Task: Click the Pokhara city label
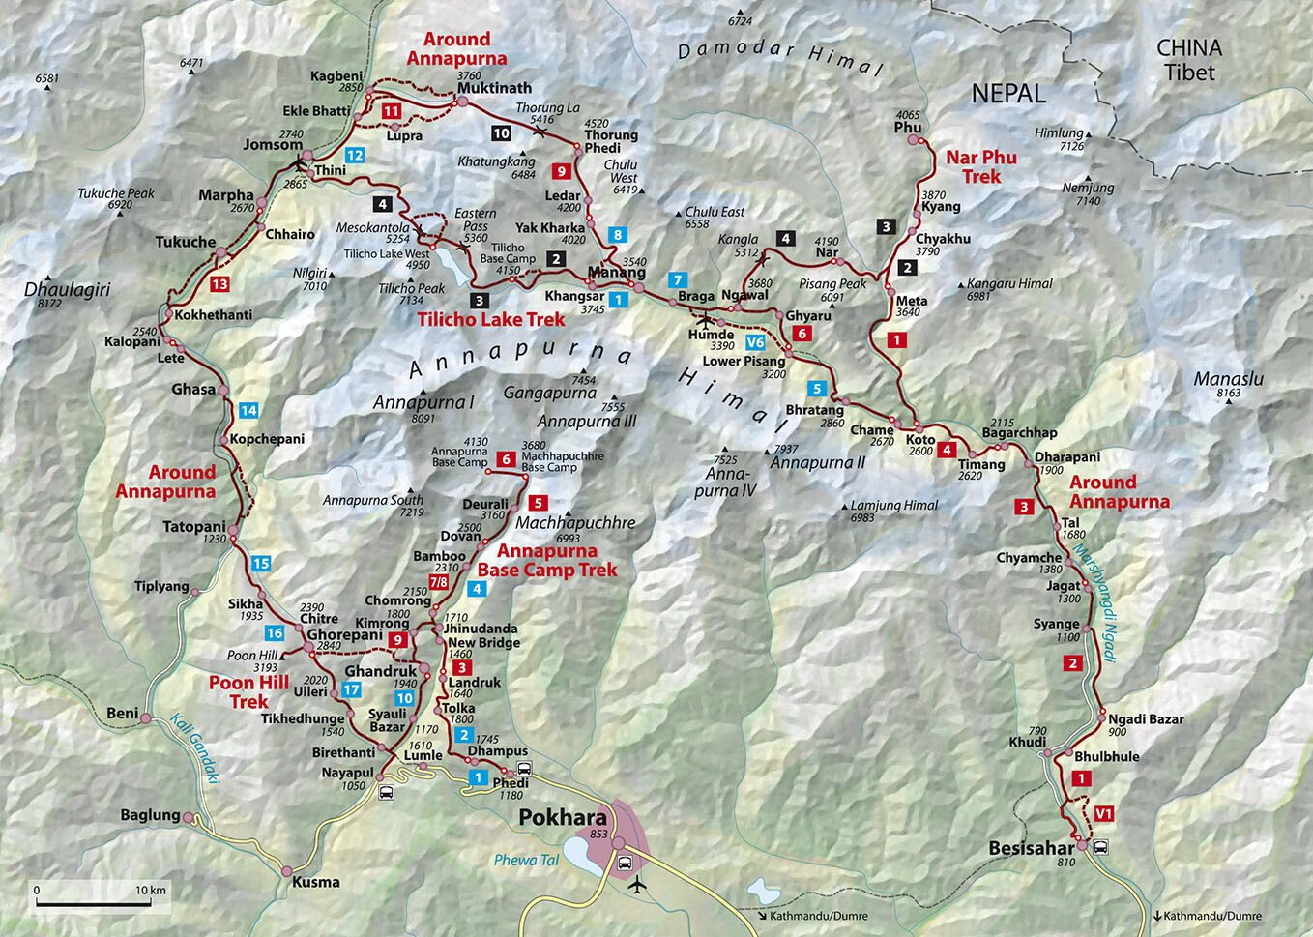point(563,817)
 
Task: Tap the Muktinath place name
point(494,88)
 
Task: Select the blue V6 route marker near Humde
point(755,342)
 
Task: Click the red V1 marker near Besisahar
point(1103,814)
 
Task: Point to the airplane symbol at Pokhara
point(636,884)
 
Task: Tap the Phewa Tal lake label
point(526,860)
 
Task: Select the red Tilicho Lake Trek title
point(491,319)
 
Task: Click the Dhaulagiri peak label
point(67,290)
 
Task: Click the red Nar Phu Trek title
point(981,166)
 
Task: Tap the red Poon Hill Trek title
point(248,691)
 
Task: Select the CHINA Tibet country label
point(1189,59)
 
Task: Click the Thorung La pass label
point(547,108)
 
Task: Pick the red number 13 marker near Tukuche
point(219,284)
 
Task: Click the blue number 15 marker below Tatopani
point(260,564)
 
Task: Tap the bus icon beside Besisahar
point(1100,848)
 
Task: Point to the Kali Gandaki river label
point(195,747)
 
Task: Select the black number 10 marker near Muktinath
point(501,133)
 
